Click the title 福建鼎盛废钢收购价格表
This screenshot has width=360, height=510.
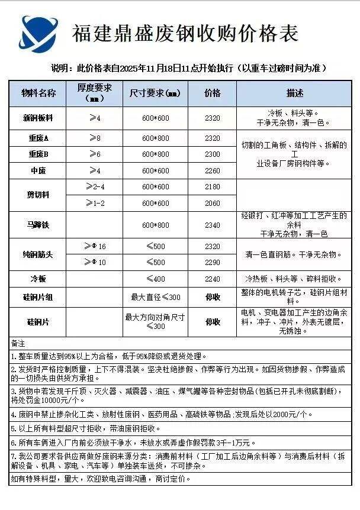[x=185, y=34]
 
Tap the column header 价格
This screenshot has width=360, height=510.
[x=212, y=93]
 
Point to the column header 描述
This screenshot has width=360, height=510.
[x=294, y=93]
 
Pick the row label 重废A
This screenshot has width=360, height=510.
[x=38, y=138]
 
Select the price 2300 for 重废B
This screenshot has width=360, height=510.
[x=212, y=154]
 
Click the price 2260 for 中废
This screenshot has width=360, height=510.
[x=212, y=171]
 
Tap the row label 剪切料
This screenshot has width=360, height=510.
[x=38, y=195]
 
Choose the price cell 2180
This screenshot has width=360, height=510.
[x=212, y=187]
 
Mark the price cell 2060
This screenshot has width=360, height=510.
[x=212, y=203]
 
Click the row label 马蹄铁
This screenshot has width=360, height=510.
[x=38, y=225]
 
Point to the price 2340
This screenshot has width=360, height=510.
[x=212, y=225]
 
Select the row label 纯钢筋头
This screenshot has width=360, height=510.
[x=38, y=254]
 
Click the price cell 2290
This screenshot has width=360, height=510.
[x=212, y=262]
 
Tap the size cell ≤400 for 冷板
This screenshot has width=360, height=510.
[x=156, y=279]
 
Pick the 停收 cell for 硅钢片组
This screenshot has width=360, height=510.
[x=212, y=298]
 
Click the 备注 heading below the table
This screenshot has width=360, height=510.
[x=18, y=344]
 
